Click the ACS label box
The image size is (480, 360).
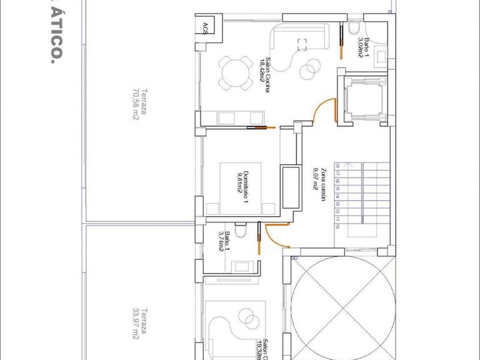(206, 26)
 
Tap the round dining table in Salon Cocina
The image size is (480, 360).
(232, 72)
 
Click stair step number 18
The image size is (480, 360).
(338, 166)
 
